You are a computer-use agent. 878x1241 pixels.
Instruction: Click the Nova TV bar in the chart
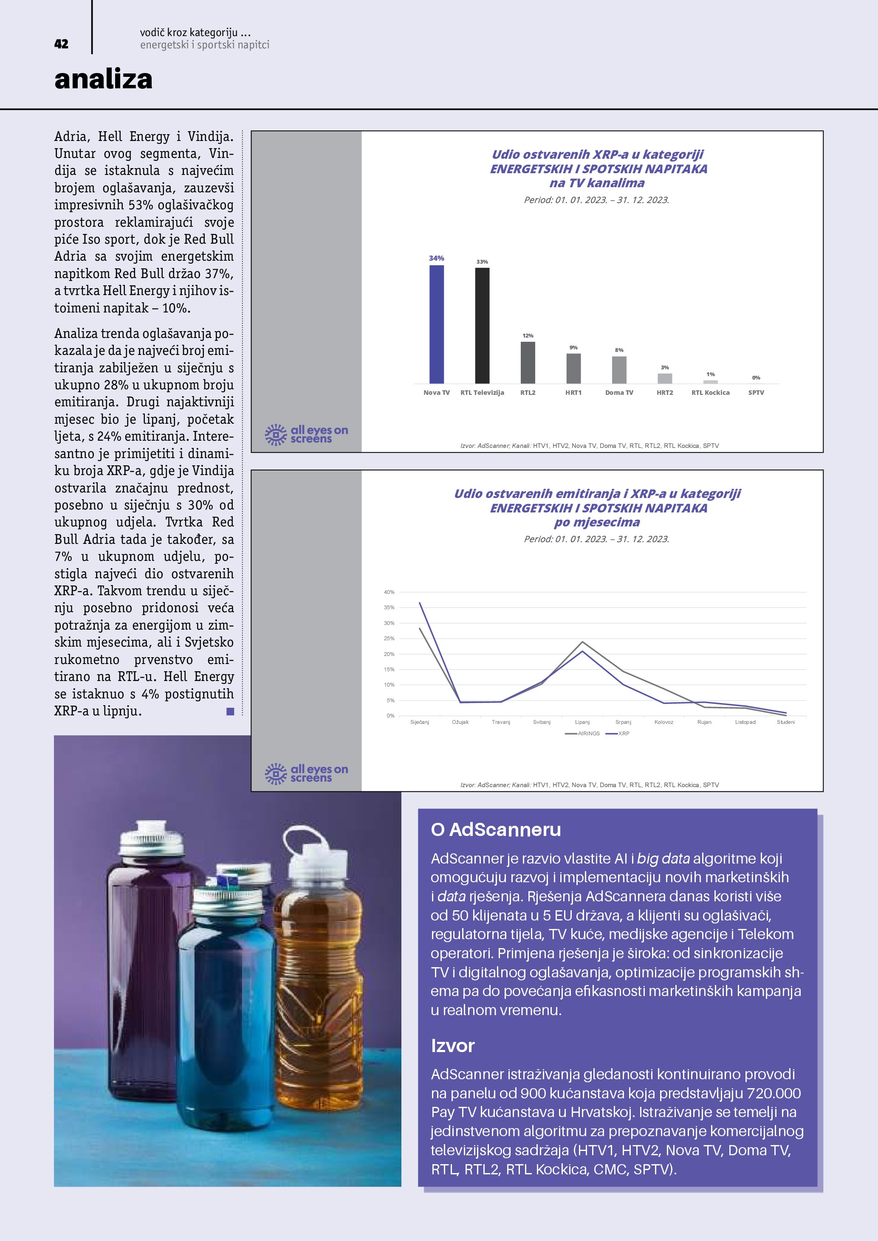coord(436,324)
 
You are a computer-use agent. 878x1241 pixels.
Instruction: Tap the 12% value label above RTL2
coord(528,336)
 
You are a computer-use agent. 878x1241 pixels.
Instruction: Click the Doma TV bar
coord(619,370)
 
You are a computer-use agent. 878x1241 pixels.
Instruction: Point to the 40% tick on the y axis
coord(389,592)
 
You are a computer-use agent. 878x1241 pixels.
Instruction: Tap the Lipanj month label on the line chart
coord(582,722)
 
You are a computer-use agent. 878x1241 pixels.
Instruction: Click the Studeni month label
coord(785,722)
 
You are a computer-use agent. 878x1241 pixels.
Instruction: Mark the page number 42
coord(61,44)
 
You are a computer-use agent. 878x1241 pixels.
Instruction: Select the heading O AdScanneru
coord(496,829)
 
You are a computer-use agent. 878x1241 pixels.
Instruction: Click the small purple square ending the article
coord(230,711)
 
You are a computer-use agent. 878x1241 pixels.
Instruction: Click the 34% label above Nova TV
coord(436,259)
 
